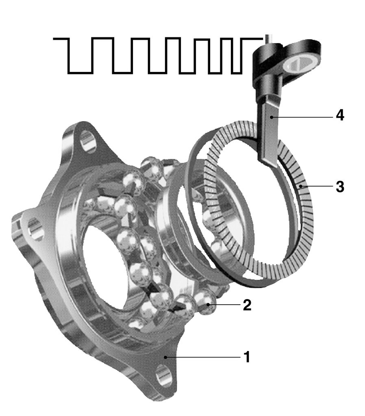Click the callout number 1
[x=247, y=357]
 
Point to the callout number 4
[x=340, y=115]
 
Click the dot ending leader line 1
[x=165, y=357]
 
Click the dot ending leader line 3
[x=300, y=186]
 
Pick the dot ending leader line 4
[x=271, y=117]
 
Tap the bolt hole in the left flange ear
[x=35, y=228]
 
